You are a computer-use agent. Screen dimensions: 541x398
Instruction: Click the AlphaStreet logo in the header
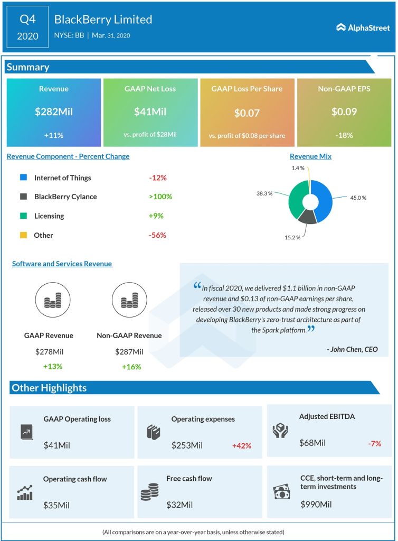pos(363,27)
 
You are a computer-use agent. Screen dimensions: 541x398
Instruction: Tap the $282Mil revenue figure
pos(53,111)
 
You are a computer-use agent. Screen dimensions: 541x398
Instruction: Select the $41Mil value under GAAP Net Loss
pos(150,111)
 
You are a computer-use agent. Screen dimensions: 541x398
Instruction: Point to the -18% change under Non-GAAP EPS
pos(344,135)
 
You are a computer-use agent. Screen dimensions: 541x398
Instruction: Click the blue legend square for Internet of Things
pos(23,178)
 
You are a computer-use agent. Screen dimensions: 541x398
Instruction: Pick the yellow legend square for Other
pos(23,235)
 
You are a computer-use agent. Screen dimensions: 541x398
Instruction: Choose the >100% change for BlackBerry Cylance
pos(160,197)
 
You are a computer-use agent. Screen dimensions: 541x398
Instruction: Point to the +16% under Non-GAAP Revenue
pos(131,366)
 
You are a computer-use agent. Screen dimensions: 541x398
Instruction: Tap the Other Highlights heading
pos(49,388)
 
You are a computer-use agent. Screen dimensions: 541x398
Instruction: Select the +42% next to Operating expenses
pos(242,445)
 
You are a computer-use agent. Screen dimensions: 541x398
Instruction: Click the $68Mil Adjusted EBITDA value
pos(312,443)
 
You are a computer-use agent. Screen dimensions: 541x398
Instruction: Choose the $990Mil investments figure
pos(316,505)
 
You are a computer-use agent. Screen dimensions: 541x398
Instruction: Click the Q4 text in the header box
pos(28,20)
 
